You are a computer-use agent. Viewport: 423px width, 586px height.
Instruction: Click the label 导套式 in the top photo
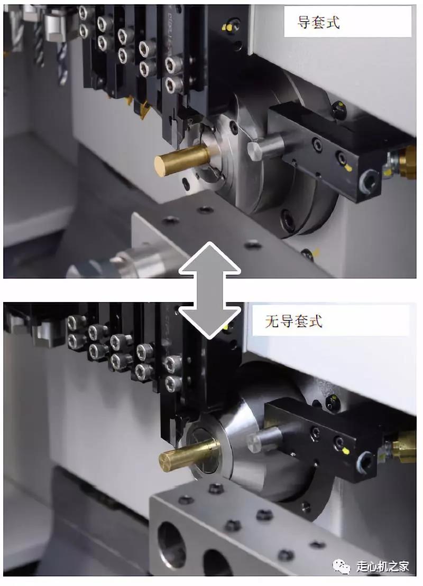coord(318,22)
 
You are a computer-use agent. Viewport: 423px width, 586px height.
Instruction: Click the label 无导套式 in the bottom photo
coord(293,320)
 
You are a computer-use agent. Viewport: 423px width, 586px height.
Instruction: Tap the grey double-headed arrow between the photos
coord(209,290)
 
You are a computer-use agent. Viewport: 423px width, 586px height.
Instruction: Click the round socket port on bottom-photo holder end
coord(366,463)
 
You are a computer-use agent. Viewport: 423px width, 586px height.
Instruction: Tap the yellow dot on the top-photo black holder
coord(348,168)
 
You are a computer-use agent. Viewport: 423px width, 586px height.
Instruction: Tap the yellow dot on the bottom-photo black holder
coord(345,451)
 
